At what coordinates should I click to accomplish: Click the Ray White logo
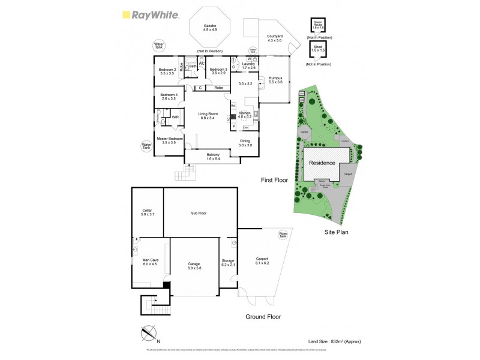[151, 15]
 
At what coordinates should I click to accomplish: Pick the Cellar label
[148, 212]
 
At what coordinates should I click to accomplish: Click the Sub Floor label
[199, 213]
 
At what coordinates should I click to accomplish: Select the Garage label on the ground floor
[194, 265]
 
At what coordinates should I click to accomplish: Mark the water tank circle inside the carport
[283, 235]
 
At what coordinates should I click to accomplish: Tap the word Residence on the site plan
[322, 163]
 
